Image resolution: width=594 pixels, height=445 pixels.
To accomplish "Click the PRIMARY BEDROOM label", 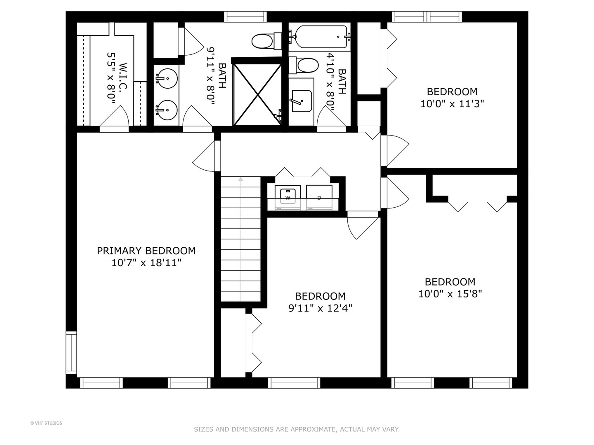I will click(x=146, y=251).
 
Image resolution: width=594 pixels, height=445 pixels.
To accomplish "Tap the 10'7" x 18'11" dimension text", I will click(x=146, y=262).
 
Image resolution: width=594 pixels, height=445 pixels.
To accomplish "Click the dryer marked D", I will click(x=319, y=196).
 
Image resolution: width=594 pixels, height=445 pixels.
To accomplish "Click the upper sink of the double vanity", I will click(x=167, y=78).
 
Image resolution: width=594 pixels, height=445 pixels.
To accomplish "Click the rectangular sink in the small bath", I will click(x=301, y=101).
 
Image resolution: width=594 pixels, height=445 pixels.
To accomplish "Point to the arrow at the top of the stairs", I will click(x=240, y=179).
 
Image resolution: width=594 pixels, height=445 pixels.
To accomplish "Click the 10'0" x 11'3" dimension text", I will click(x=452, y=103).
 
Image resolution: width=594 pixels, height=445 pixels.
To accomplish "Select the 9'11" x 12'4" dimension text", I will click(x=320, y=308).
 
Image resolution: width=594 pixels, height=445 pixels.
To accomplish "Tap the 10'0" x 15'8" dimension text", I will click(x=450, y=294).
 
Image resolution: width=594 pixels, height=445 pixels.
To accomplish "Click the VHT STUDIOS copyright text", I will click(x=46, y=423).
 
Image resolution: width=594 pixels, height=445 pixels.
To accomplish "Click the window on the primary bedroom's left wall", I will click(x=71, y=353).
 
